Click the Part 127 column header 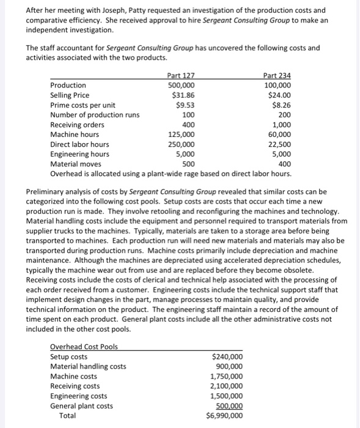coord(181,75)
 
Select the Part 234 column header coord(277,75)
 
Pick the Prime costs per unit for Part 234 coord(281,105)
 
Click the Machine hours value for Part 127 coord(182,135)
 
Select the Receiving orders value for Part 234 coord(282,125)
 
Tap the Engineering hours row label coord(79,154)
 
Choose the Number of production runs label coord(94,115)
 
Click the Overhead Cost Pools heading coord(84,347)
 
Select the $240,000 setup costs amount coord(227,357)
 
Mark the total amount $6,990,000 coord(224,416)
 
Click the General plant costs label coord(81,406)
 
